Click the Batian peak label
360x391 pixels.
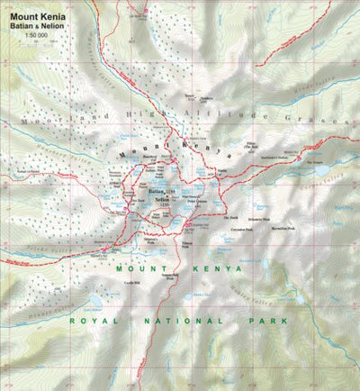pyautogui.click(x=155, y=192)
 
